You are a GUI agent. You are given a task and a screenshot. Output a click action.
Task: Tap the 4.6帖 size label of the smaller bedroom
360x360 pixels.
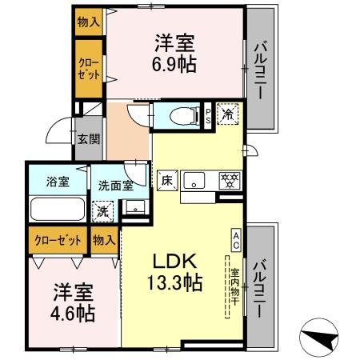(x=74, y=312)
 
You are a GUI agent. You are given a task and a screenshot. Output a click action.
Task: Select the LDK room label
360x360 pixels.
(x=174, y=262)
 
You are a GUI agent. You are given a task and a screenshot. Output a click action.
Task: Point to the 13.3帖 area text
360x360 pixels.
(x=174, y=282)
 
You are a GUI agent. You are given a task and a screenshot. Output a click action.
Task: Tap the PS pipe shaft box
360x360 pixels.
(x=208, y=114)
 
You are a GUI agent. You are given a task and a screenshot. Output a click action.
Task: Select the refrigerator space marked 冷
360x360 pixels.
(x=227, y=114)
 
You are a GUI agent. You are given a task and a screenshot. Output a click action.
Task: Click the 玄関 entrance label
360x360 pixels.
(x=88, y=138)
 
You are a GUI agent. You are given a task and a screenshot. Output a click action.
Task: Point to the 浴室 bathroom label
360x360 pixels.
(x=57, y=182)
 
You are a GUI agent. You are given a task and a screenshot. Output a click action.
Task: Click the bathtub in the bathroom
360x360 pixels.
(x=58, y=210)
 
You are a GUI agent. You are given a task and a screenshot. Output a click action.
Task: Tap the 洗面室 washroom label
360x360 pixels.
(x=116, y=185)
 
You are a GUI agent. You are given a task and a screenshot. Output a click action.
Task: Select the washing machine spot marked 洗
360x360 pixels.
(x=103, y=213)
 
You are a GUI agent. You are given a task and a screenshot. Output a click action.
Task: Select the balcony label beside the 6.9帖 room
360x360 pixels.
(x=260, y=70)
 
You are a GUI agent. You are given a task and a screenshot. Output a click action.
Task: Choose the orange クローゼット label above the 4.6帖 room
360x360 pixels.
(x=56, y=238)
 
